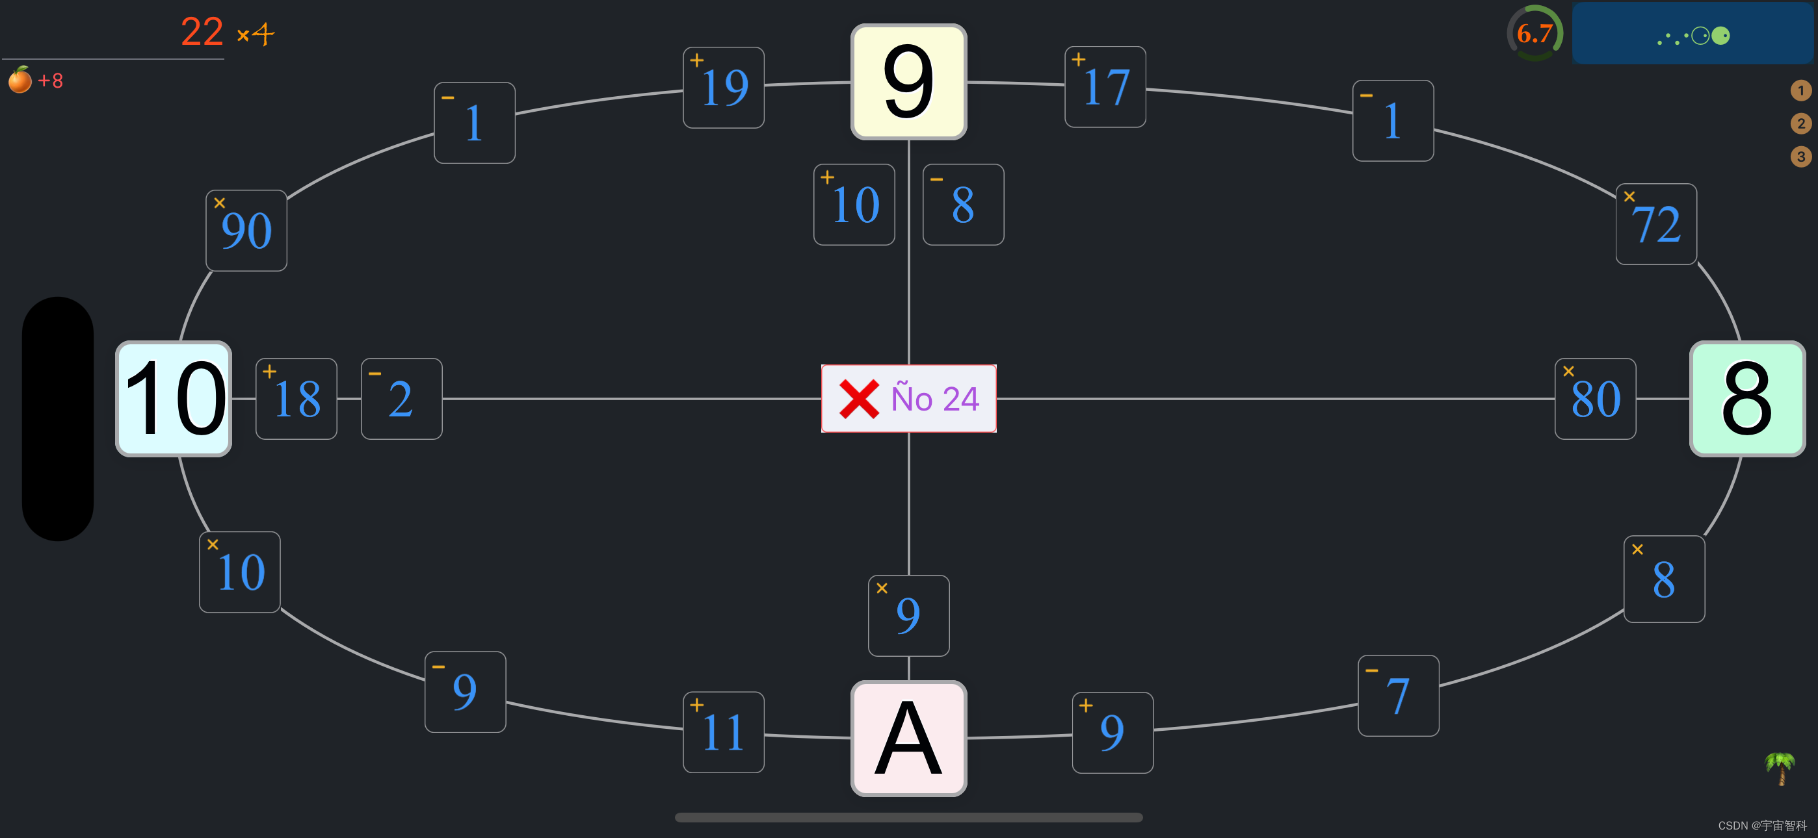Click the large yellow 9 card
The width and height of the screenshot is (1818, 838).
(x=908, y=82)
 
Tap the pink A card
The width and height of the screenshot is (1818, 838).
(x=908, y=738)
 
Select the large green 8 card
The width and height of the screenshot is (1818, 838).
(x=1746, y=399)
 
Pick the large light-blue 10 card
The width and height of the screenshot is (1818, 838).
(x=174, y=399)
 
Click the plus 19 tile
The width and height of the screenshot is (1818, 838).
(x=724, y=88)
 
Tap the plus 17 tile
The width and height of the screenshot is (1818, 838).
(x=1105, y=87)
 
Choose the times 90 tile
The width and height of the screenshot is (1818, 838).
(x=246, y=231)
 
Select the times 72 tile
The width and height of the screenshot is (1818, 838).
(x=1655, y=224)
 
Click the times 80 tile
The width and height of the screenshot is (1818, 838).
(x=1595, y=399)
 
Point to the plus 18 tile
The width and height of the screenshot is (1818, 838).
(x=296, y=399)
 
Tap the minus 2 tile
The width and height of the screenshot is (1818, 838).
(x=402, y=399)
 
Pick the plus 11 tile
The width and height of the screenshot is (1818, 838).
(x=724, y=732)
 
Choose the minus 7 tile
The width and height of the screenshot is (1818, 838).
(x=1398, y=696)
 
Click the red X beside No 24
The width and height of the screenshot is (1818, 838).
(x=858, y=399)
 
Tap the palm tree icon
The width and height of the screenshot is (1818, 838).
(x=1780, y=767)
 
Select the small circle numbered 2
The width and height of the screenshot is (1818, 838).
(x=1800, y=123)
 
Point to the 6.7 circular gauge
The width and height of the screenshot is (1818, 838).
(x=1535, y=33)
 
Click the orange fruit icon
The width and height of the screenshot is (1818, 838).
(x=20, y=80)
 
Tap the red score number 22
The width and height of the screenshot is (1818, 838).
(x=202, y=32)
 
